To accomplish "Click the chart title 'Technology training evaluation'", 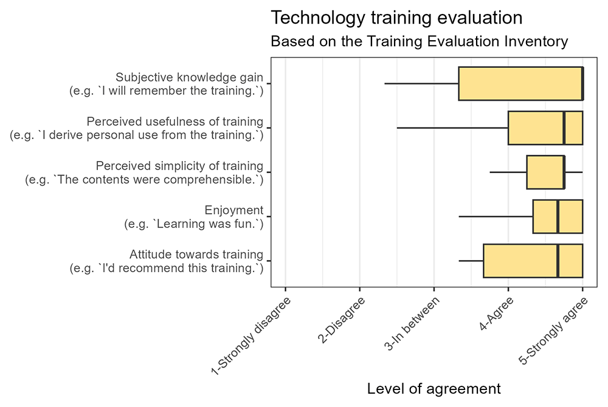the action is [x=396, y=18].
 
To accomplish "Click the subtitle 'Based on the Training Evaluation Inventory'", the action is [x=419, y=41].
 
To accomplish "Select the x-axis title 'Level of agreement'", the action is [x=434, y=388].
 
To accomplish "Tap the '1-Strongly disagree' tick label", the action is [x=251, y=336].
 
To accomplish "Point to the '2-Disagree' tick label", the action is [x=342, y=320].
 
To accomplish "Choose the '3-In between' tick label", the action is [x=412, y=324].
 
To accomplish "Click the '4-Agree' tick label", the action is [x=497, y=313].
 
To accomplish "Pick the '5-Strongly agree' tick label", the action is [x=553, y=331].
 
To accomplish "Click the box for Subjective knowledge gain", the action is [x=521, y=84].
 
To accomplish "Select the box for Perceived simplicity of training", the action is [x=545, y=173].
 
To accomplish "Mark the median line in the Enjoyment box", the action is [x=558, y=216].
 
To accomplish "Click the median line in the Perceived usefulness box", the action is [x=564, y=128].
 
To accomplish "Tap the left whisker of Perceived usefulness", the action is [x=452, y=128].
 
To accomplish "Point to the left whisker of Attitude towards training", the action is [x=471, y=261].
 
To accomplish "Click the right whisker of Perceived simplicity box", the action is [x=573, y=173].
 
